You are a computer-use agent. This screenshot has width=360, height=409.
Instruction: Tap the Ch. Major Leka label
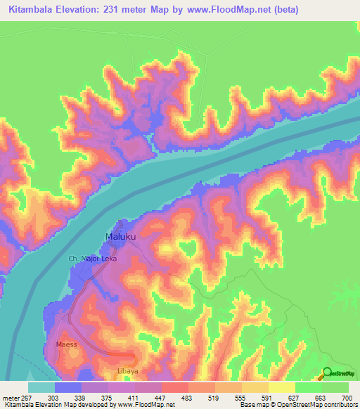coord(92,259)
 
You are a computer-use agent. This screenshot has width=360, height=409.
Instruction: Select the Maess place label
coord(67,345)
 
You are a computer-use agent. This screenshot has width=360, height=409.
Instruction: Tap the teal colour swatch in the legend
coord(41,387)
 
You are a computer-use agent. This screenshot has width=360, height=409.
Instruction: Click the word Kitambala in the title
coord(33,10)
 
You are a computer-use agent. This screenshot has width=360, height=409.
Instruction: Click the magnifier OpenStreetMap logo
coord(328,373)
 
